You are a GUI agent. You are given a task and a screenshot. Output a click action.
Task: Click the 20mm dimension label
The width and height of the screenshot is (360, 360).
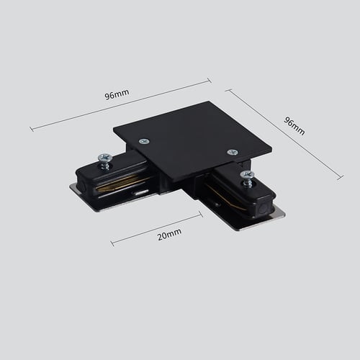pos(169,234)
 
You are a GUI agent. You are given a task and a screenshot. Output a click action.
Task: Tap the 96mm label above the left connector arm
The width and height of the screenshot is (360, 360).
pos(117,94)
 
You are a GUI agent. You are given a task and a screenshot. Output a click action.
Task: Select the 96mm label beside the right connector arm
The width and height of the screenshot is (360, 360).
pos(294,126)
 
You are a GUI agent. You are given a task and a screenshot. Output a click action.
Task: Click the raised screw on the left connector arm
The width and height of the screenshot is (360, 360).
pos(105,161)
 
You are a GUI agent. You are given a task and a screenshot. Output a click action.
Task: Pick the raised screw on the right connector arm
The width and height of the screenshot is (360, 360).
pos(247,179)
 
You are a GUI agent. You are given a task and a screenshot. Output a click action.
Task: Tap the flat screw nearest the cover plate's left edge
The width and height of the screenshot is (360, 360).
pos(144,142)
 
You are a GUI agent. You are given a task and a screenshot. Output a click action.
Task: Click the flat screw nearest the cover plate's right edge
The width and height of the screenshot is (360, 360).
pos(233,152)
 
